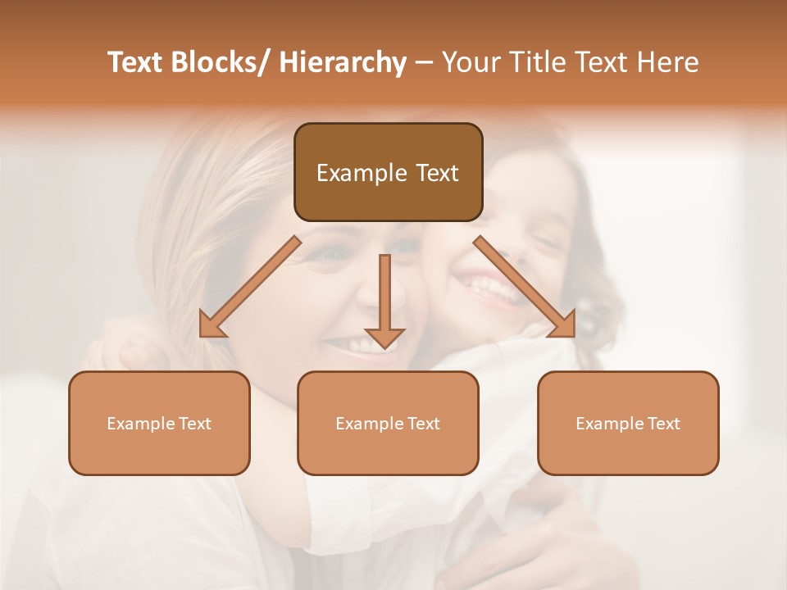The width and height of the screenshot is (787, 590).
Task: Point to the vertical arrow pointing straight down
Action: tap(384, 295)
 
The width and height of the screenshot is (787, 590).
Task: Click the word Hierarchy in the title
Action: tap(343, 62)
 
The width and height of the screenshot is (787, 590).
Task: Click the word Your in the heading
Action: tap(469, 62)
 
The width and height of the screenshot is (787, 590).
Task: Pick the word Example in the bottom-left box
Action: tap(140, 424)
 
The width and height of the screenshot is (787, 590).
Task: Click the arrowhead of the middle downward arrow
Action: tap(384, 337)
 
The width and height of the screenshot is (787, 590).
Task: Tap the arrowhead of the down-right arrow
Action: tap(563, 324)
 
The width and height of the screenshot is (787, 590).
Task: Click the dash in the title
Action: tap(424, 62)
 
